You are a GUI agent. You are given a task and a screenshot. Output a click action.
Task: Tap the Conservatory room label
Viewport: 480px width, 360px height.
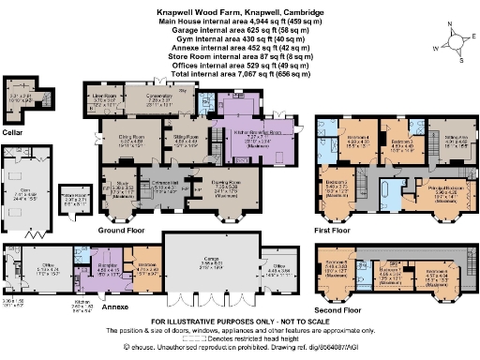click(x=169, y=97)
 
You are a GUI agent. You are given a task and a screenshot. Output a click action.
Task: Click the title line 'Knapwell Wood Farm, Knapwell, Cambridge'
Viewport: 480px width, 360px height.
click(x=239, y=13)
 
